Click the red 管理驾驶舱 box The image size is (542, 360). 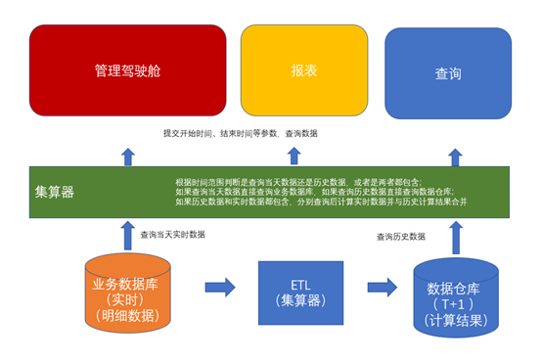click(x=127, y=71)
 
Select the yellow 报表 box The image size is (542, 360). click(x=303, y=71)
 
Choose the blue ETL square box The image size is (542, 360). click(x=300, y=292)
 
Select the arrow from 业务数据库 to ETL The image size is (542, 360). click(x=220, y=287)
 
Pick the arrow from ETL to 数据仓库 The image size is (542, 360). click(x=383, y=287)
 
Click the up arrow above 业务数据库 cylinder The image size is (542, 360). click(x=127, y=236)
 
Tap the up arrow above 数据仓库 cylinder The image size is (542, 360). click(x=454, y=237)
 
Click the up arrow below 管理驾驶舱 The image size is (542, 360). click(x=127, y=155)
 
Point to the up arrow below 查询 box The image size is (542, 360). click(x=454, y=156)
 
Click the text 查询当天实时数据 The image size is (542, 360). click(x=172, y=235)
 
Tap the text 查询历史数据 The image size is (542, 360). click(x=401, y=237)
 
